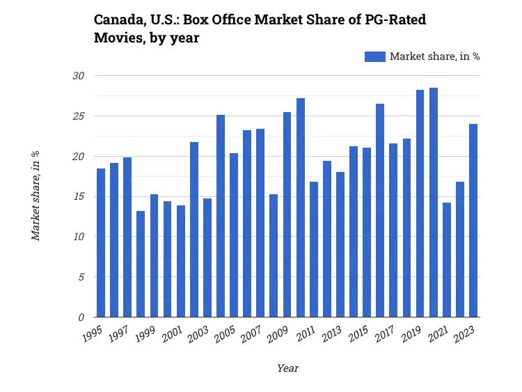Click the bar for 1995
pyautogui.click(x=101, y=243)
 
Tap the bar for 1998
pyautogui.click(x=141, y=264)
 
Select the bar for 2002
pyautogui.click(x=194, y=230)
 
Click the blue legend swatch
pyautogui.click(x=374, y=56)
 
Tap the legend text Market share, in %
pyautogui.click(x=434, y=56)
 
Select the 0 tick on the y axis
pyautogui.click(x=81, y=317)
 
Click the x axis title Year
pyautogui.click(x=287, y=368)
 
